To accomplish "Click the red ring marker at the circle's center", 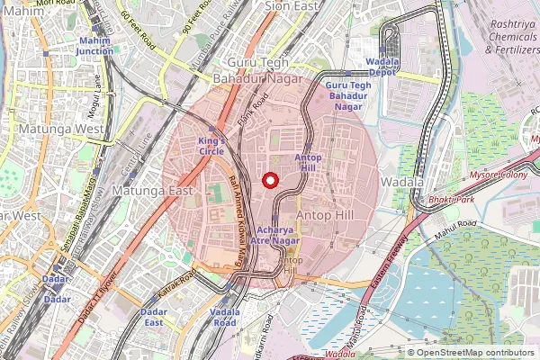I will pos(268,179).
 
